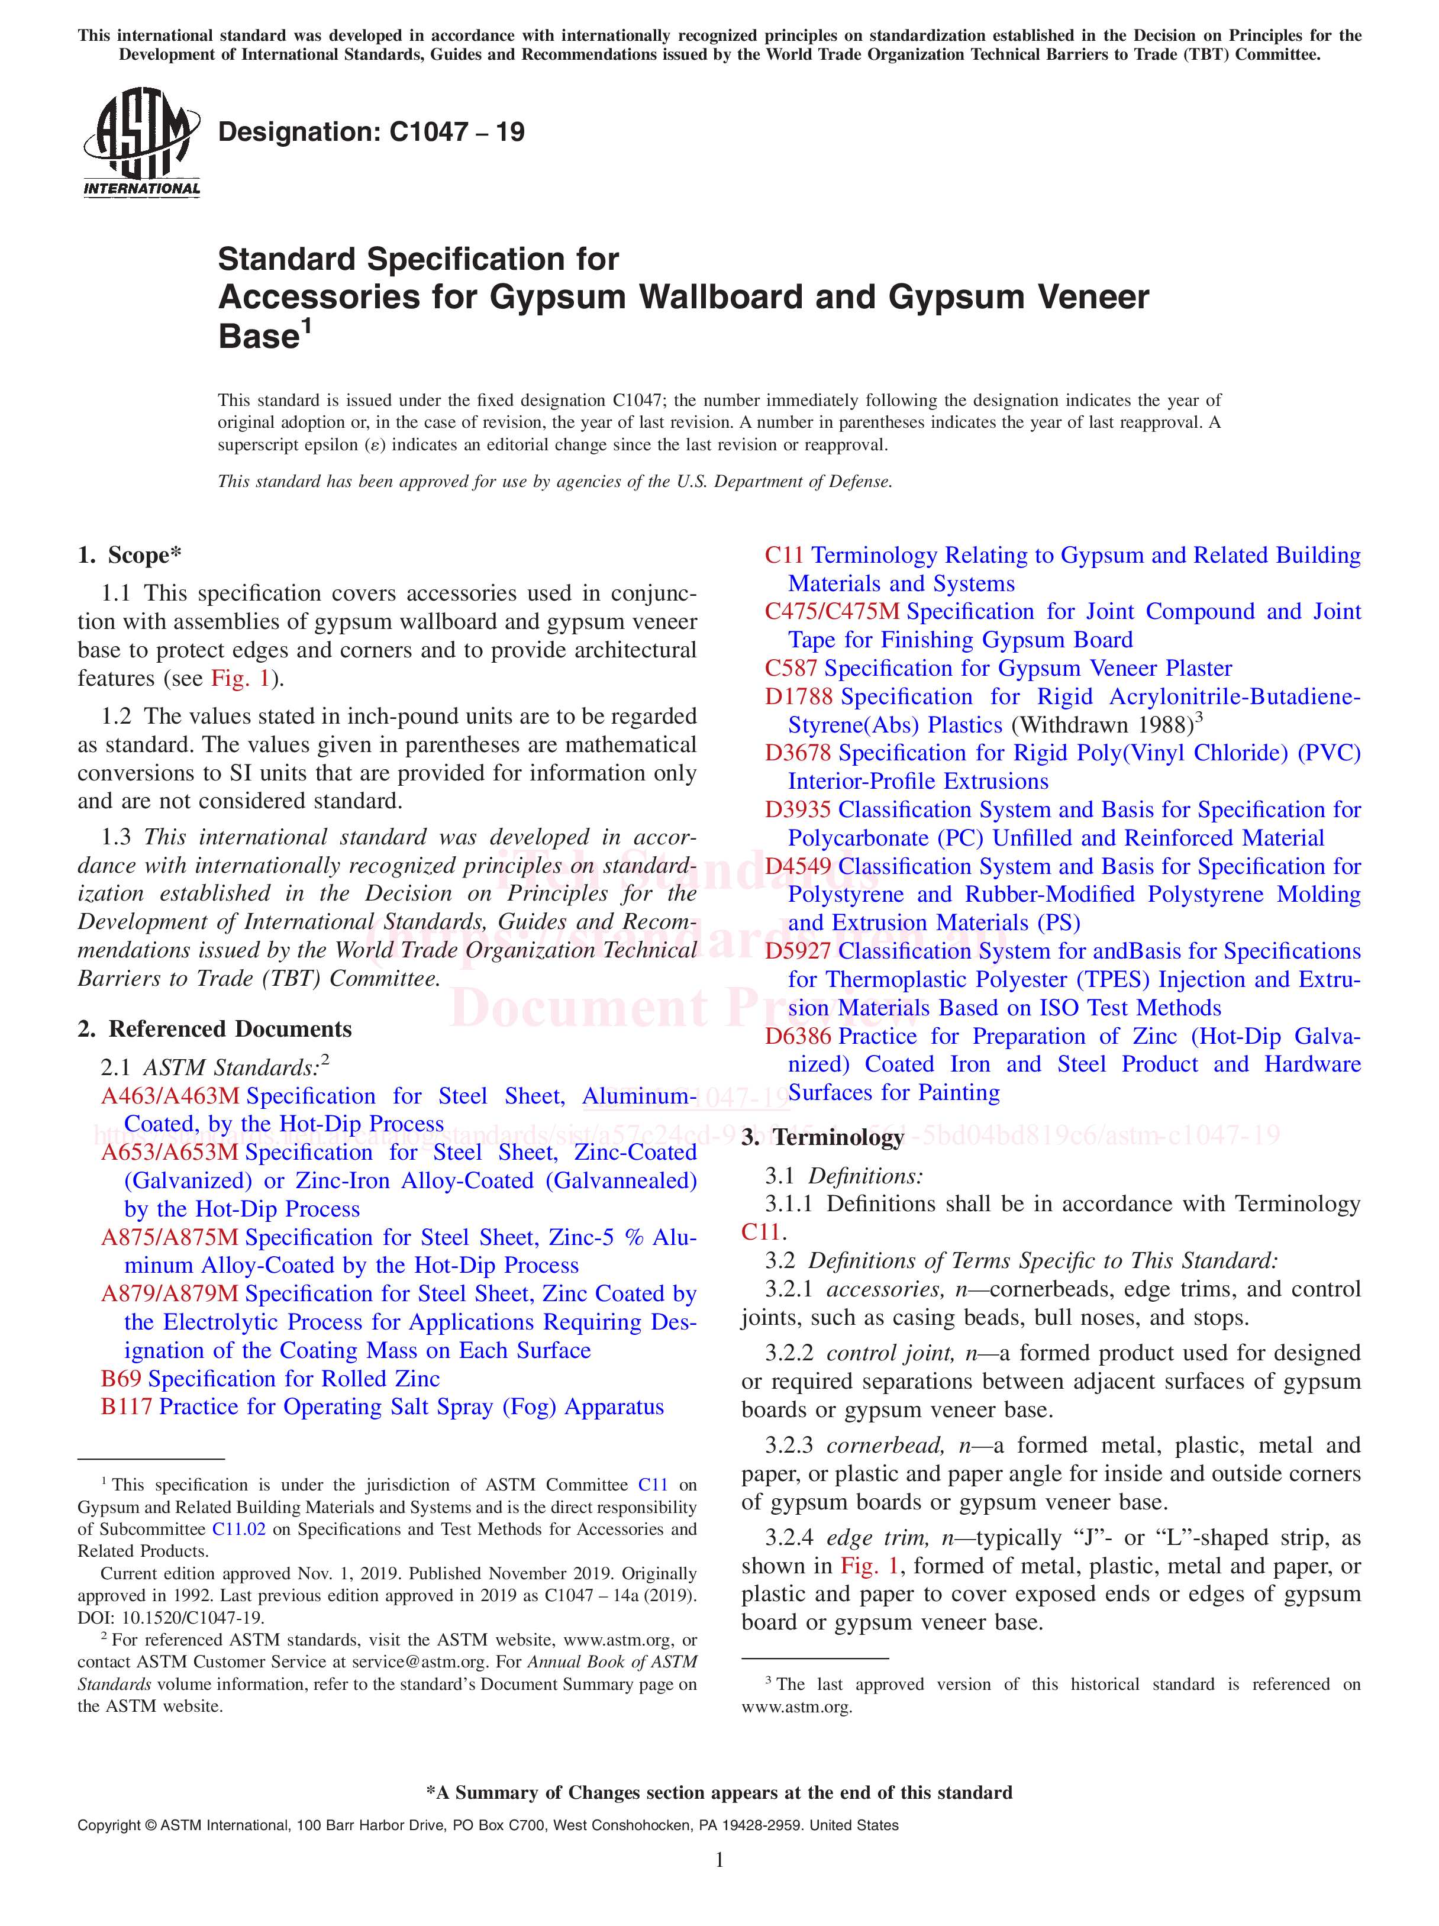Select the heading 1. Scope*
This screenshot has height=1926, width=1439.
(130, 556)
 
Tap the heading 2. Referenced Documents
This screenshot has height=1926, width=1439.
(215, 1029)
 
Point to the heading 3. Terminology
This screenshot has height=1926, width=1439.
(822, 1137)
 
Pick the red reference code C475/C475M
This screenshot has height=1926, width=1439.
(831, 612)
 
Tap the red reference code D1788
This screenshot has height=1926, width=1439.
(798, 696)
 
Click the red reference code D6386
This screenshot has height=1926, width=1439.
(798, 1036)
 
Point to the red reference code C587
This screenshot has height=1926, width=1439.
(791, 669)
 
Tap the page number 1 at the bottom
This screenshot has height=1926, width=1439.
(719, 1884)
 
